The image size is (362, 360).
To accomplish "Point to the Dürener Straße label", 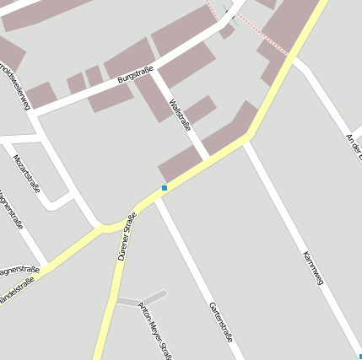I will pyautogui.click(x=127, y=237).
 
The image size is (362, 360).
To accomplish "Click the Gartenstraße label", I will pyautogui.click(x=220, y=320).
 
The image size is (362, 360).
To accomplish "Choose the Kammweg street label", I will pyautogui.click(x=313, y=267).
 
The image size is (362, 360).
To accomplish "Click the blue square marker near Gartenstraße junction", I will pyautogui.click(x=165, y=187).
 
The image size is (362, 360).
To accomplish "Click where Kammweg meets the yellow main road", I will pyautogui.click(x=246, y=139).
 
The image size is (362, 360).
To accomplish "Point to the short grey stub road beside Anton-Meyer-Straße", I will pyautogui.click(x=140, y=299).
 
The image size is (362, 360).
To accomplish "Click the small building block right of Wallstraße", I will pyautogui.click(x=200, y=109).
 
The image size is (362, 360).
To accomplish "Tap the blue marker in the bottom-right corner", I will pyautogui.click(x=359, y=357).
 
